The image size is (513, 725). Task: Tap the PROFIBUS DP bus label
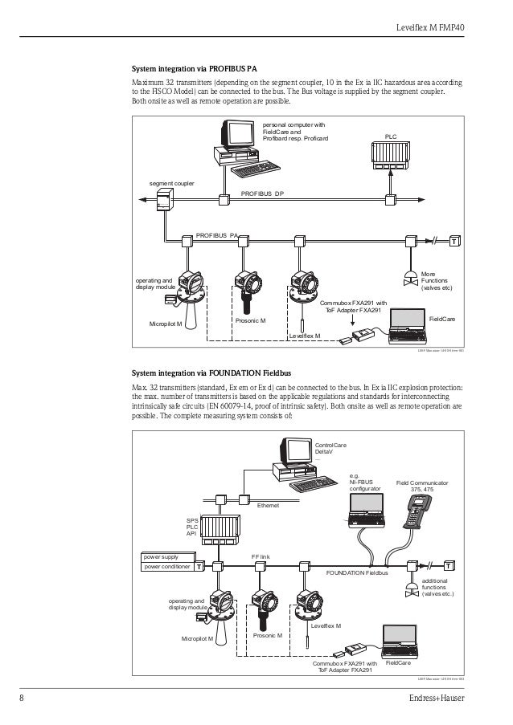[x=263, y=194]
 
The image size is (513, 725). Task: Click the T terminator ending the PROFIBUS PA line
[x=454, y=241]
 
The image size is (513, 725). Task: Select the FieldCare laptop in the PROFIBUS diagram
[x=408, y=325]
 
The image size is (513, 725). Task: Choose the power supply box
[x=166, y=556]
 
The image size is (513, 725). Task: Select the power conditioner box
[x=166, y=566]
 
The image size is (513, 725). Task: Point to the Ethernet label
[x=269, y=506]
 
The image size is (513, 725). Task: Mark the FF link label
[x=259, y=555]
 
